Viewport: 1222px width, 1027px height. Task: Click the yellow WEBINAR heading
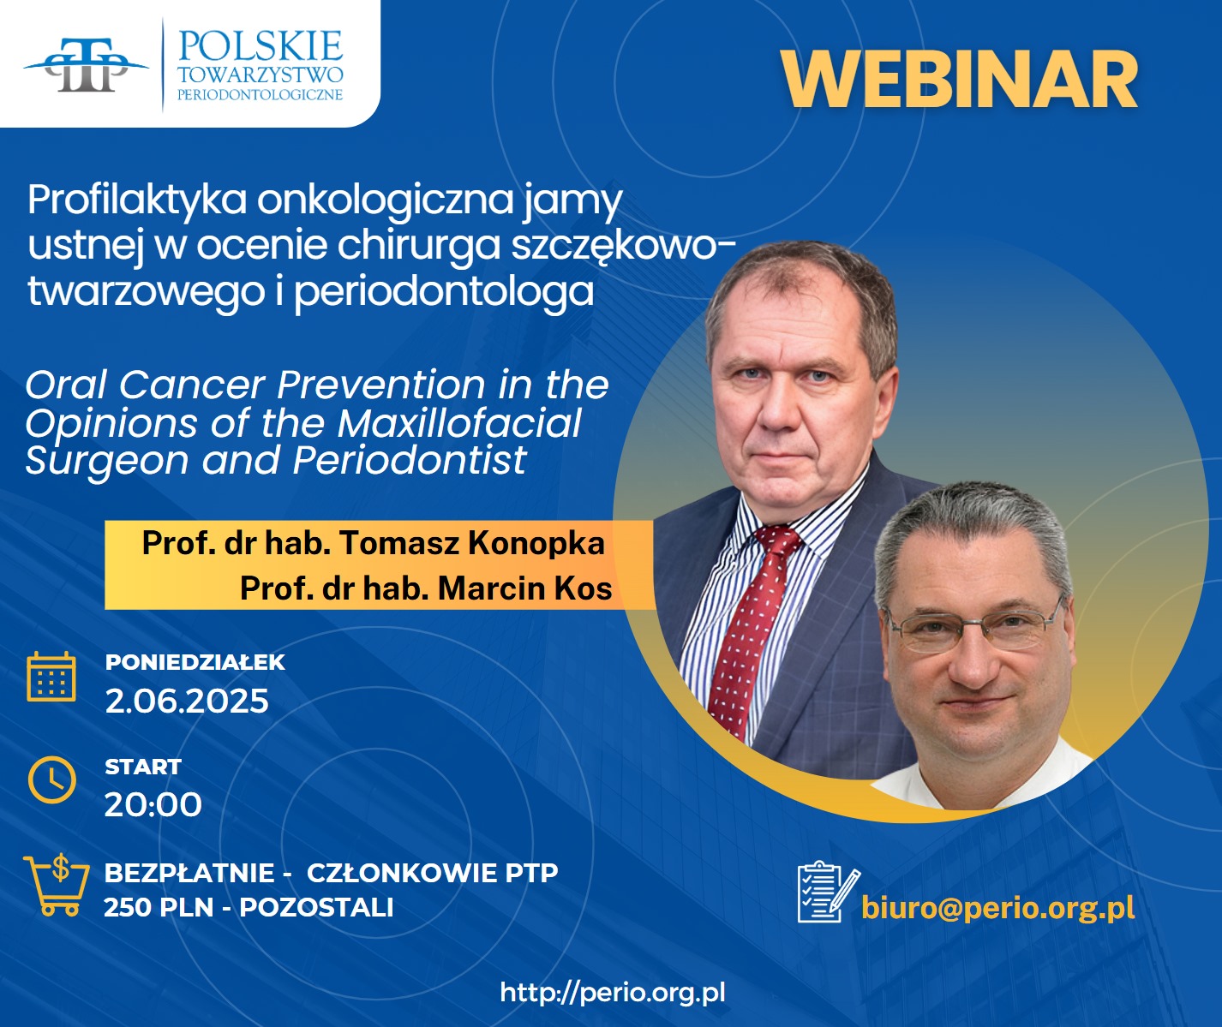[x=959, y=80]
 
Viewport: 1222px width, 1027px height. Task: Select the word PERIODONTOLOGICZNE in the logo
[x=261, y=95]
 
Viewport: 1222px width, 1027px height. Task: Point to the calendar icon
[x=51, y=676]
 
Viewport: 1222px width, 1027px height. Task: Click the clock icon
[x=52, y=780]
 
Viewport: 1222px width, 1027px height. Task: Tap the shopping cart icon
[x=56, y=885]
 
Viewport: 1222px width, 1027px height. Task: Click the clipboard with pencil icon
[x=828, y=891]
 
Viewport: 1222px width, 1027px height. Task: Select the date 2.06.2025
[x=187, y=701]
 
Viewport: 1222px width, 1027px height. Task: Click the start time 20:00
[x=153, y=804]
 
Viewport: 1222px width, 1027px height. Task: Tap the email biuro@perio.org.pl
[x=997, y=908]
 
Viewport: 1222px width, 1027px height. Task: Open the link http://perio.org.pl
[x=613, y=992]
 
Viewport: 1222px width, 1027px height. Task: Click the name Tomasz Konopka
[x=471, y=543]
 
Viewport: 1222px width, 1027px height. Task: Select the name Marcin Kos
[x=525, y=588]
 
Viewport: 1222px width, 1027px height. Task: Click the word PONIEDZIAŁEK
[x=195, y=662]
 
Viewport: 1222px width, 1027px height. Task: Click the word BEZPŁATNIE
[x=189, y=873]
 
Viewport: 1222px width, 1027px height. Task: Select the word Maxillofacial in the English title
[x=459, y=424]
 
